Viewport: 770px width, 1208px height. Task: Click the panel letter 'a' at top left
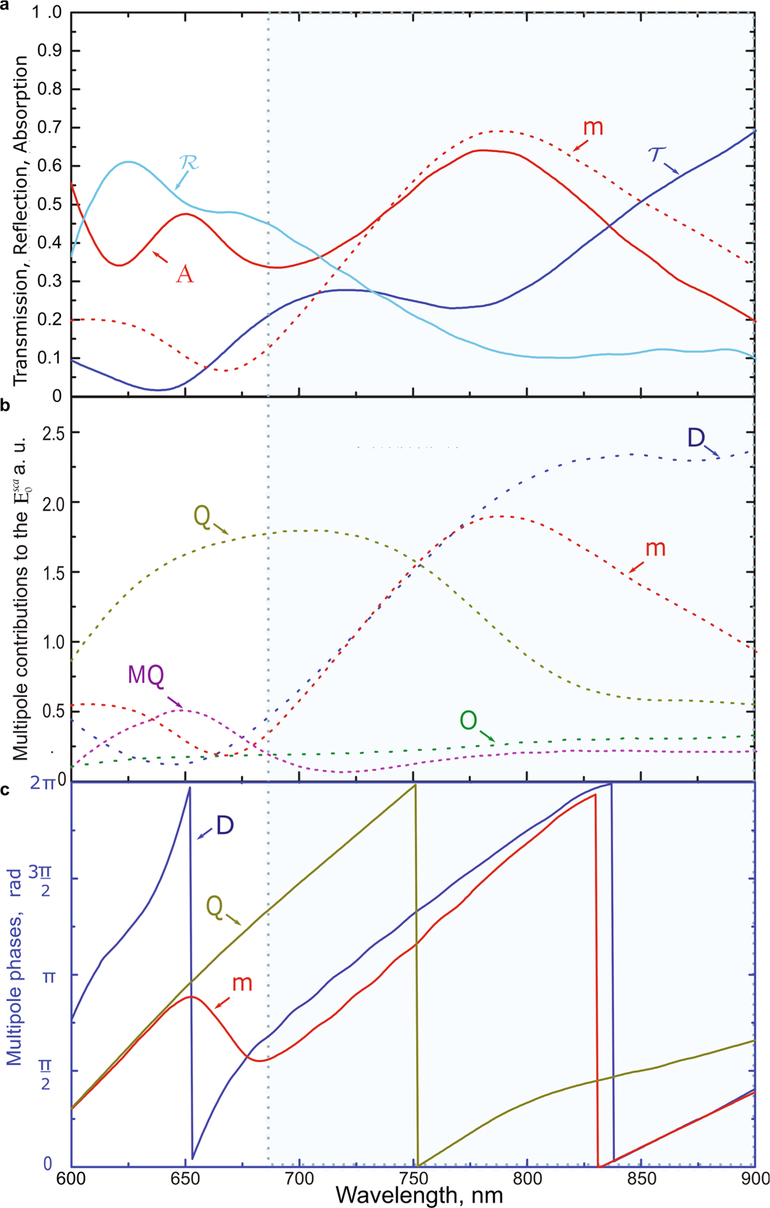(x=5, y=5)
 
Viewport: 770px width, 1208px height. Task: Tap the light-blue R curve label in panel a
(x=188, y=163)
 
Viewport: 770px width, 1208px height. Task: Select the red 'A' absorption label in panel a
(x=184, y=273)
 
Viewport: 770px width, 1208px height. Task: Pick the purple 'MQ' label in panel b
(x=147, y=675)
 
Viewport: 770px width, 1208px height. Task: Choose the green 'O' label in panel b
(x=468, y=720)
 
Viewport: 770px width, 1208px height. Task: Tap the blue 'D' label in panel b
(x=695, y=438)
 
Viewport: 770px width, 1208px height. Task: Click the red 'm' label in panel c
(x=243, y=983)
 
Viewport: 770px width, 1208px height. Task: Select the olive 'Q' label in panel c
(x=215, y=908)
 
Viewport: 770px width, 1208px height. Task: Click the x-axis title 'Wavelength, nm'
(x=419, y=1196)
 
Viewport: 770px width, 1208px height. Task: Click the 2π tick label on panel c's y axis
(x=44, y=783)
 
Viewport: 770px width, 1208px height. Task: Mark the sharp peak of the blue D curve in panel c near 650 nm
(x=189, y=787)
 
